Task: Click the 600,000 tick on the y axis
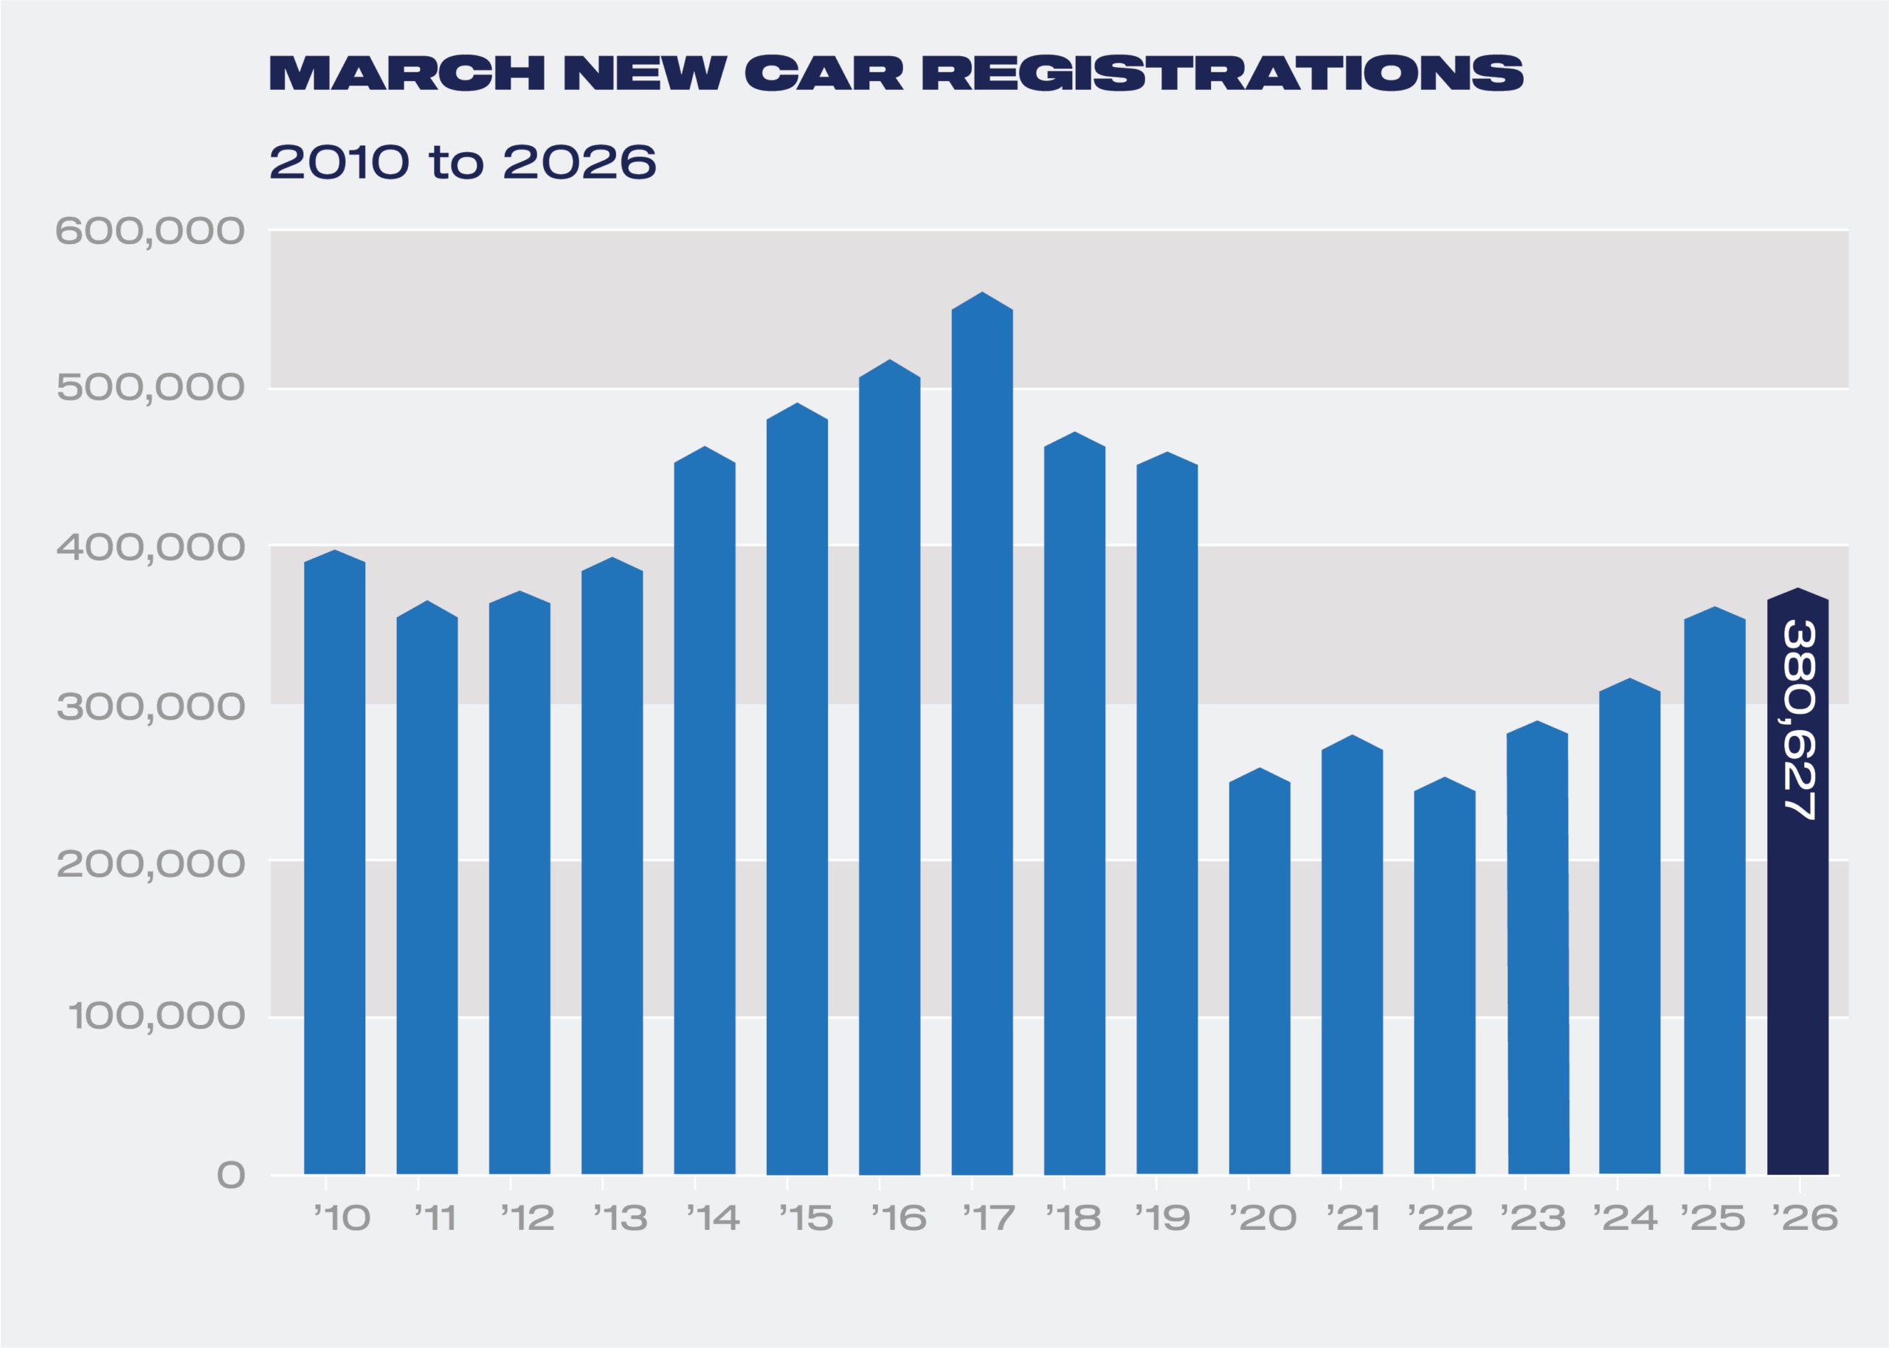(151, 232)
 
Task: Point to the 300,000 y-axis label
(151, 707)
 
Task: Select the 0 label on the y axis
(231, 1175)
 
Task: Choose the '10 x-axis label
(342, 1218)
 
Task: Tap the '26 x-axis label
(1804, 1218)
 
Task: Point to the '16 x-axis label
(899, 1218)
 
